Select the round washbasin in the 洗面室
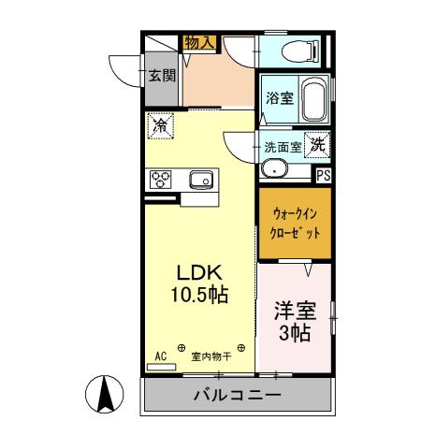coord(273,168)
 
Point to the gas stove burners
coord(160,179)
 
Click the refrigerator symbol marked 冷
coord(160,123)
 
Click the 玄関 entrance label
coord(161,76)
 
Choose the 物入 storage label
coord(200,43)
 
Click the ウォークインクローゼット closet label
coord(294,223)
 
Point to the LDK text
coord(200,272)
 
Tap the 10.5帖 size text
coord(200,294)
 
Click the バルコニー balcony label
coord(237,395)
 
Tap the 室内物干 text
coord(211,356)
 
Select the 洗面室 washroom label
coord(282,146)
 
